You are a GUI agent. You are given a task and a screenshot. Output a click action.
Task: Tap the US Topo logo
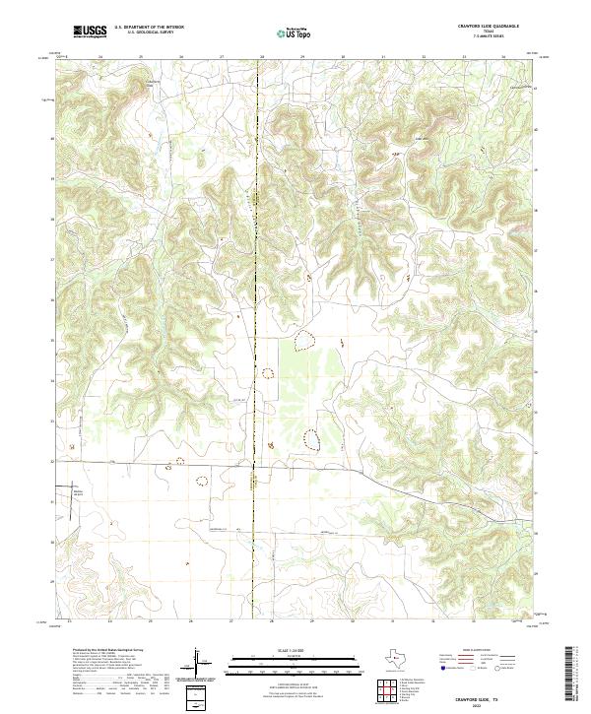point(288,32)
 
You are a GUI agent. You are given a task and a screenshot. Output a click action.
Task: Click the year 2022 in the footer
point(492,703)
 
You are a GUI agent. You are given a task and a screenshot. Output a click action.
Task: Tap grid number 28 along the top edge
point(262,57)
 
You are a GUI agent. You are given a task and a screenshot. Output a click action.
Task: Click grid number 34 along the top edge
point(504,57)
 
